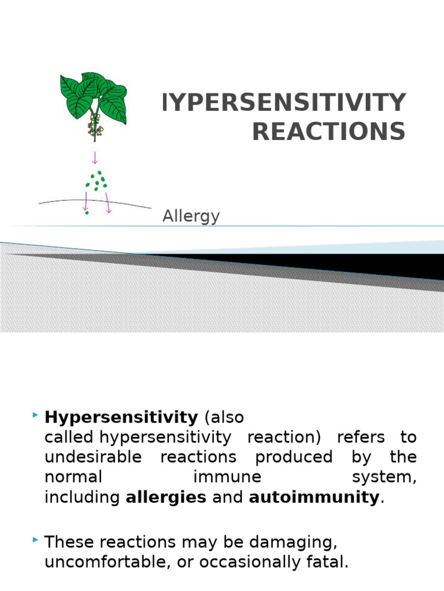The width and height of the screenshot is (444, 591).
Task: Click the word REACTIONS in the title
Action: point(328,132)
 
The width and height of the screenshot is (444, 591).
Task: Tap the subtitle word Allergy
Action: point(191,216)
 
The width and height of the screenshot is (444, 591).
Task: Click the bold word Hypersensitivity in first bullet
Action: point(121,417)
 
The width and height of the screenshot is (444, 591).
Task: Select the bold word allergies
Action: point(166,497)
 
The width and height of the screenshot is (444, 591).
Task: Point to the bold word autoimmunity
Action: point(314,497)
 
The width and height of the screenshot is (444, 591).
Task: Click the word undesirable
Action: point(93,457)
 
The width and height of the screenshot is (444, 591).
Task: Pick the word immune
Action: point(227,477)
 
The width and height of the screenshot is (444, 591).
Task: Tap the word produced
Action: point(294,457)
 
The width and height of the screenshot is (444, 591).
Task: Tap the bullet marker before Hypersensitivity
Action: point(36,415)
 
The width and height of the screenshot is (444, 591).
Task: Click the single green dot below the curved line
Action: point(87,213)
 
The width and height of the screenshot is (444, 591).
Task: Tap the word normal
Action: point(73,477)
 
